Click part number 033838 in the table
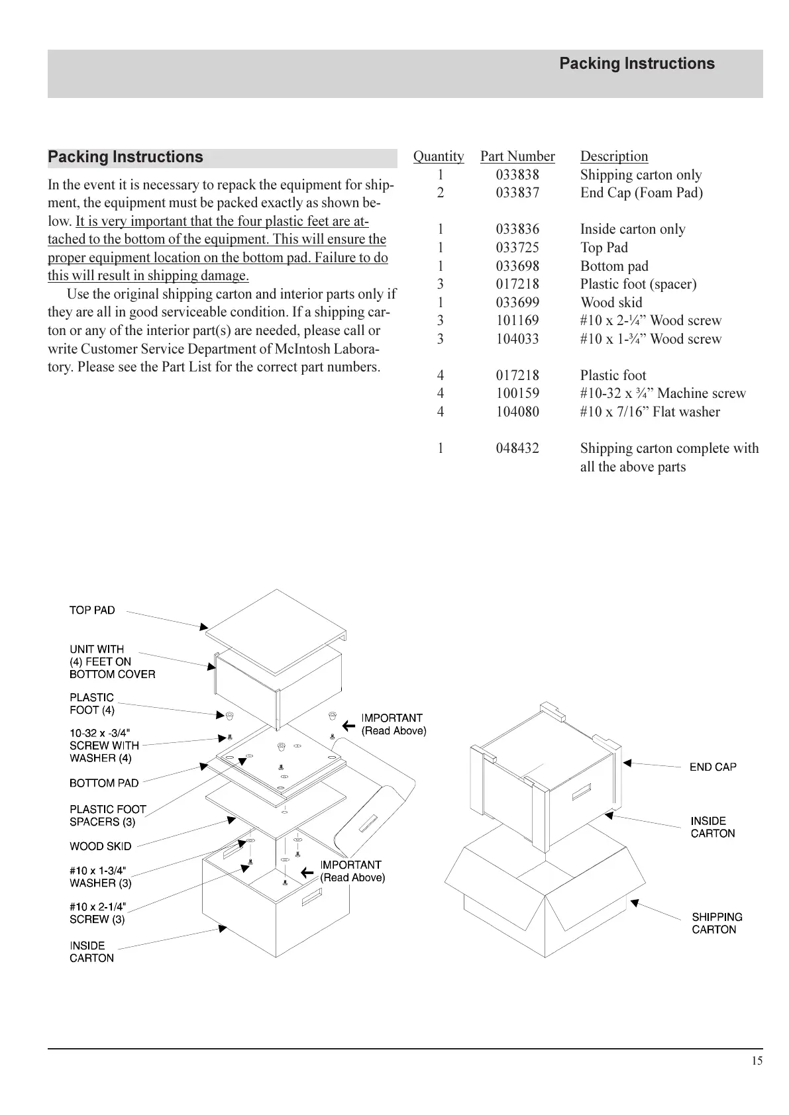click(517, 175)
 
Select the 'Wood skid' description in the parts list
click(611, 303)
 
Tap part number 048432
click(517, 448)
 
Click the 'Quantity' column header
click(439, 156)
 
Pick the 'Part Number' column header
click(517, 156)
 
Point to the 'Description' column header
click(614, 156)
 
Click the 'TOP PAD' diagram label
click(92, 610)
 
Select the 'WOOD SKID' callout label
click(100, 846)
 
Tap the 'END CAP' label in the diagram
click(713, 767)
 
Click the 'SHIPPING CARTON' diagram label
click(717, 923)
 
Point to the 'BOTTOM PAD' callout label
click(104, 783)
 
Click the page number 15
click(757, 1061)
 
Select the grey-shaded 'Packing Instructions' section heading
click(126, 158)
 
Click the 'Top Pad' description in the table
click(604, 248)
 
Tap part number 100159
click(517, 393)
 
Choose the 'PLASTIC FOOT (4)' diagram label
click(92, 703)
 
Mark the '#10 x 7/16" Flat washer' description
click(650, 412)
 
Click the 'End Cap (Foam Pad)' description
click(641, 193)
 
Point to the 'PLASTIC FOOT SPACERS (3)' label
click(107, 815)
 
